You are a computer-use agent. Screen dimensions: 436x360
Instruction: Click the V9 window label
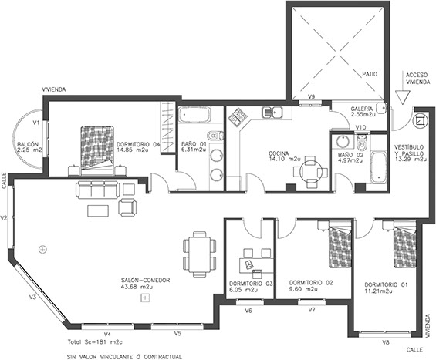[x=312, y=96]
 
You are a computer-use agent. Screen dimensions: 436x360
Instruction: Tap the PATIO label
[x=370, y=74]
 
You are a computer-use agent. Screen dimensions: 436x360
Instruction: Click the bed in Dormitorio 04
[x=97, y=151]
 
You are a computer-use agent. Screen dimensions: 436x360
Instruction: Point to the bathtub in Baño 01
[x=194, y=115]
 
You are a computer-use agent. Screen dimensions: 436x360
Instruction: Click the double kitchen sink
[x=272, y=113]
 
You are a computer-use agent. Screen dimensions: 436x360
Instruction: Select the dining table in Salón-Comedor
[x=200, y=254]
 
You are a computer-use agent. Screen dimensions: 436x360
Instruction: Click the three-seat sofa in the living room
[x=97, y=190]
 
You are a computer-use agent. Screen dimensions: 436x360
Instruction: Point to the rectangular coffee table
[x=98, y=210]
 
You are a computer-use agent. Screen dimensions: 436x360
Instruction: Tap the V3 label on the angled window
[x=33, y=298]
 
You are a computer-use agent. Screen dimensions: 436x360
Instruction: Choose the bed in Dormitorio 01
[x=404, y=244]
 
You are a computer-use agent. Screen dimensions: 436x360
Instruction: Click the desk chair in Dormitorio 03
[x=249, y=264]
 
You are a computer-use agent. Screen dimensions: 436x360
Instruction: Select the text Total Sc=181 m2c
[x=95, y=342]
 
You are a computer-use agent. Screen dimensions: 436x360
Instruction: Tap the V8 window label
[x=385, y=342]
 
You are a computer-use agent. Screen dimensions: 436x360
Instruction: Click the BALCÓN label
[x=28, y=144]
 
